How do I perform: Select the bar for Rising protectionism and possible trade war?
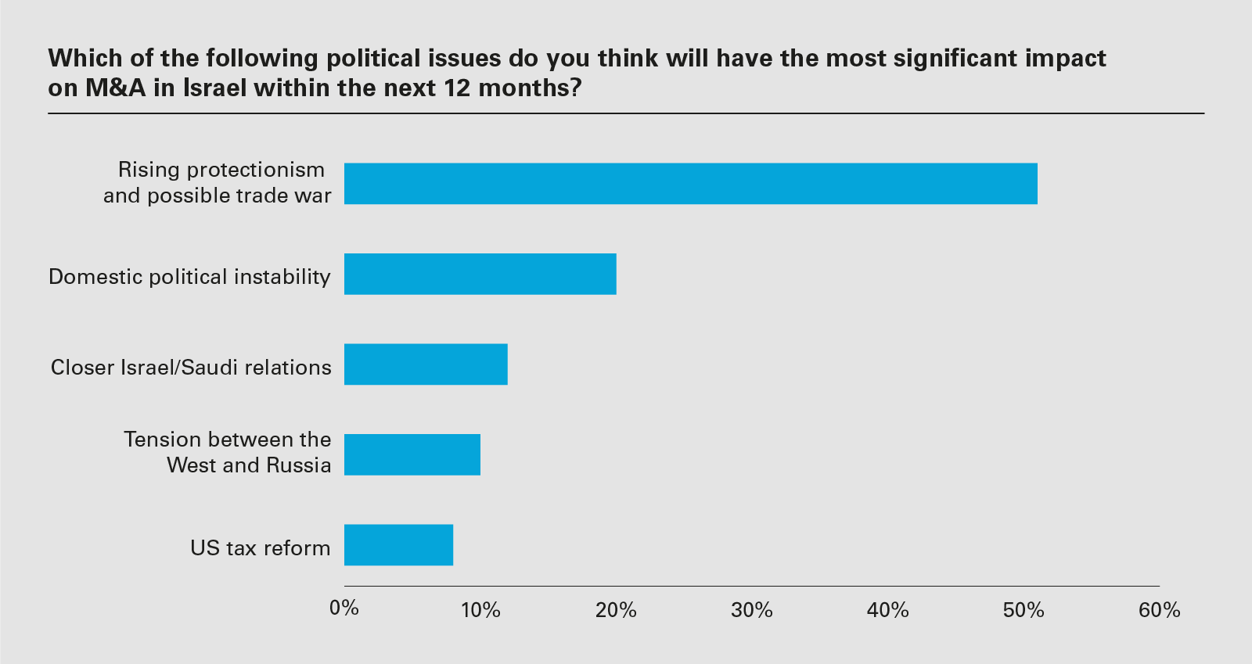tap(690, 184)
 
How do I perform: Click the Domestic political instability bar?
tap(480, 274)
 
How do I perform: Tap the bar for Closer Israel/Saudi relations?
tap(426, 364)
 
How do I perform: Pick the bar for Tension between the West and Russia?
tap(412, 454)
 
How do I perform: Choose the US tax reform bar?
tap(398, 545)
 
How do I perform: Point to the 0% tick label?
tap(344, 608)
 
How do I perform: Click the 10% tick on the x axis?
tap(480, 610)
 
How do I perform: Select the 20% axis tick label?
tap(616, 610)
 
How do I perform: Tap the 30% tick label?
tap(752, 610)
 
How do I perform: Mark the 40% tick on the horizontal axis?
tap(888, 610)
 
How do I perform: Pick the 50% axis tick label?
tap(1024, 610)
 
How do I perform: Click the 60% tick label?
tap(1159, 610)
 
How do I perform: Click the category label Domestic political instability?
tap(189, 277)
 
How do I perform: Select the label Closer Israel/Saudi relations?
tap(191, 368)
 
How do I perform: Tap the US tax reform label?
tap(261, 548)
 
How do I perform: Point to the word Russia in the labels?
tap(298, 465)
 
